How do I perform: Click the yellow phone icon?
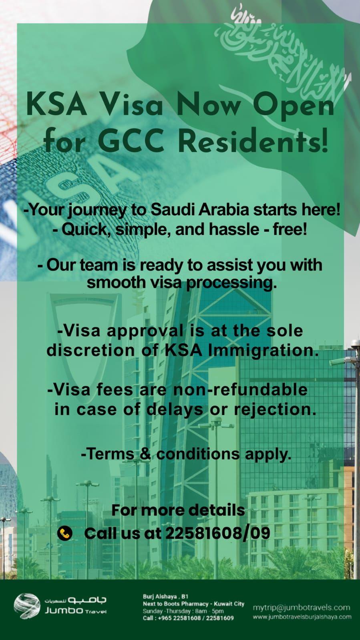[65, 533]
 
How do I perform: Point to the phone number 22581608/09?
[217, 533]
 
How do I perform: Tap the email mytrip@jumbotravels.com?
[302, 608]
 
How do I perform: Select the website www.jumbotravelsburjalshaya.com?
[302, 617]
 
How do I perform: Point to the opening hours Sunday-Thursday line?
[183, 611]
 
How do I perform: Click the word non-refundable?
[240, 390]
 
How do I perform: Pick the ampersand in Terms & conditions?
[145, 454]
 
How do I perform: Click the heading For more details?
[178, 510]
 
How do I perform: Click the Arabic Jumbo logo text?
[76, 600]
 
